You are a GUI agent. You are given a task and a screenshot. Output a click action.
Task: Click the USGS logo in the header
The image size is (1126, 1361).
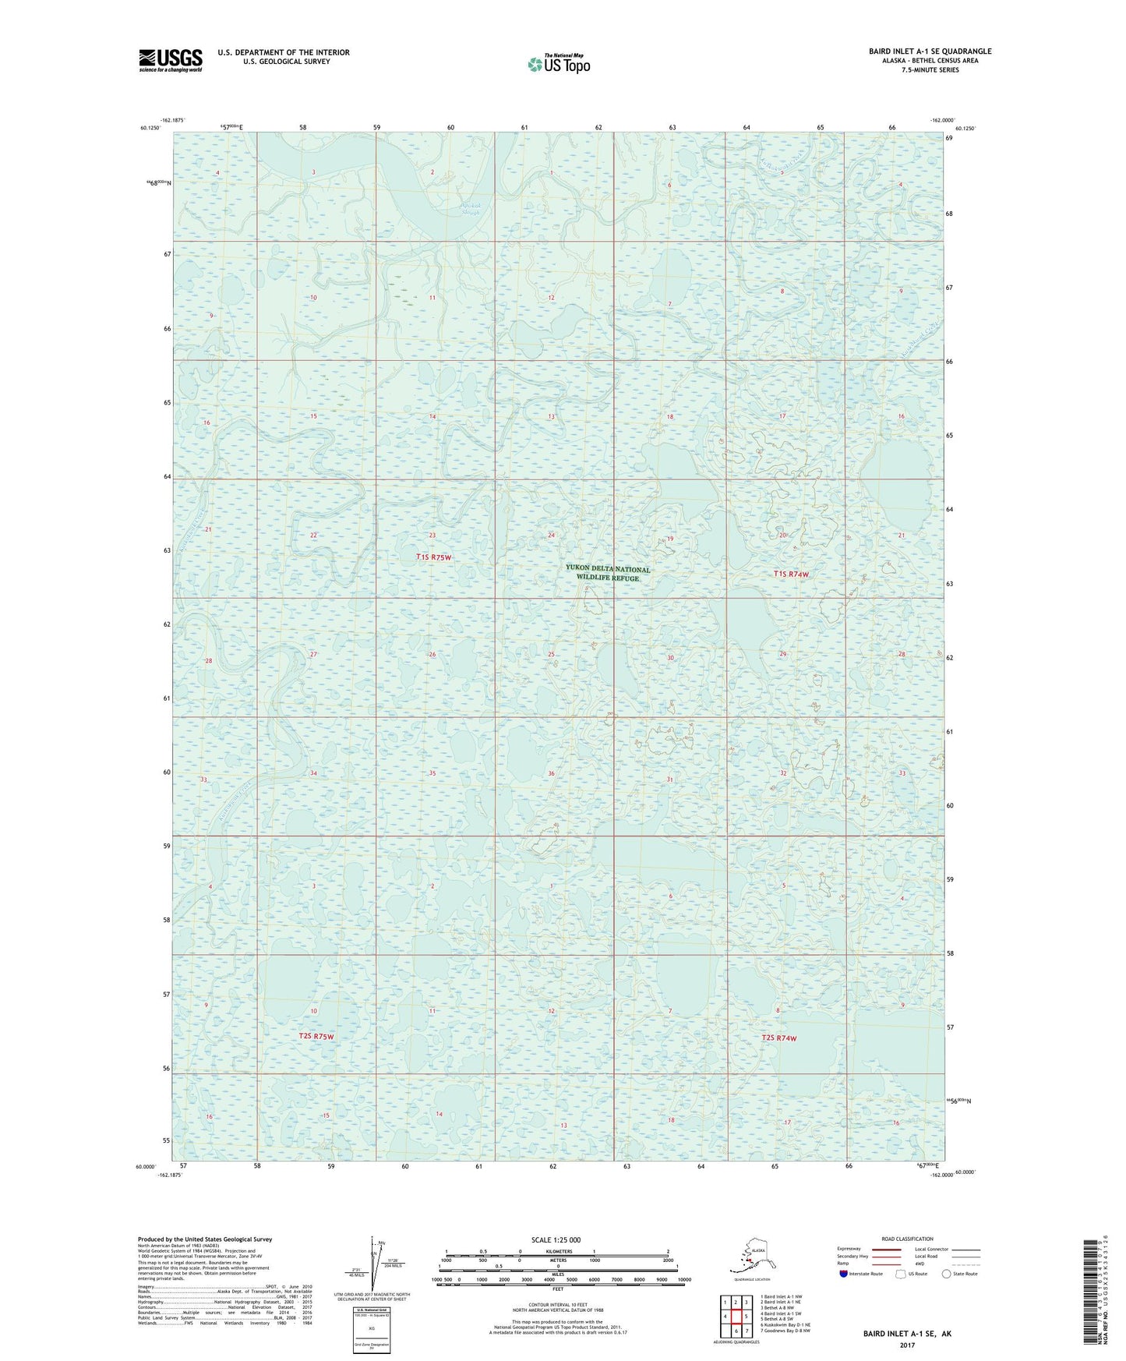tap(170, 60)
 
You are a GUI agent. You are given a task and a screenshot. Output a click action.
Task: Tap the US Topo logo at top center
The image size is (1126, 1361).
tap(558, 63)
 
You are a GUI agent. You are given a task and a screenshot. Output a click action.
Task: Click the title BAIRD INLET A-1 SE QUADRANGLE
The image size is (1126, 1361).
tap(930, 51)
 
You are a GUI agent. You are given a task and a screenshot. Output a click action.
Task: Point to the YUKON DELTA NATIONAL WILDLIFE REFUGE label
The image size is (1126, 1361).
tap(608, 574)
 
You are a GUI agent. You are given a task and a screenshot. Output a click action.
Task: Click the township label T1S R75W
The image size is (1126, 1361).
tap(433, 557)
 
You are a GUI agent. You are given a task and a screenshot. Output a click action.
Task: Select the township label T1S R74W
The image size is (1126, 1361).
tap(791, 574)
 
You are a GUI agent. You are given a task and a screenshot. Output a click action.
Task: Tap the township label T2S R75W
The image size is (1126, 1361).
tap(316, 1037)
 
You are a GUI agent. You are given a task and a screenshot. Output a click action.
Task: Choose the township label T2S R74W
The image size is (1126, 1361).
tap(779, 1038)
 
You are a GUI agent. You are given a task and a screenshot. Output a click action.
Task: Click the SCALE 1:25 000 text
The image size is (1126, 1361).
tap(556, 1240)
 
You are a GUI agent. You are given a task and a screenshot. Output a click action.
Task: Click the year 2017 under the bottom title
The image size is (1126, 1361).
tap(907, 1345)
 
